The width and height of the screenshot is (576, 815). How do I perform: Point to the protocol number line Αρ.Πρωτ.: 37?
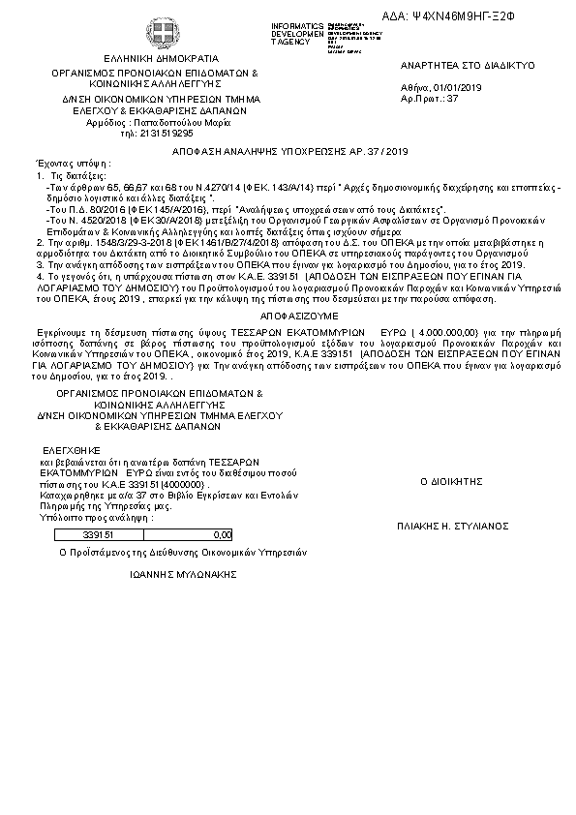[x=429, y=99]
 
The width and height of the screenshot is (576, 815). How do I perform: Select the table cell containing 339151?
[x=98, y=533]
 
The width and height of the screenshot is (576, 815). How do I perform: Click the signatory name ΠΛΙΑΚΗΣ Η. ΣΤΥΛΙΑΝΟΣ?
[x=452, y=526]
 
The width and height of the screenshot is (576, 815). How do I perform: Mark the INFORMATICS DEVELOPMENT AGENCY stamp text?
[x=297, y=31]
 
